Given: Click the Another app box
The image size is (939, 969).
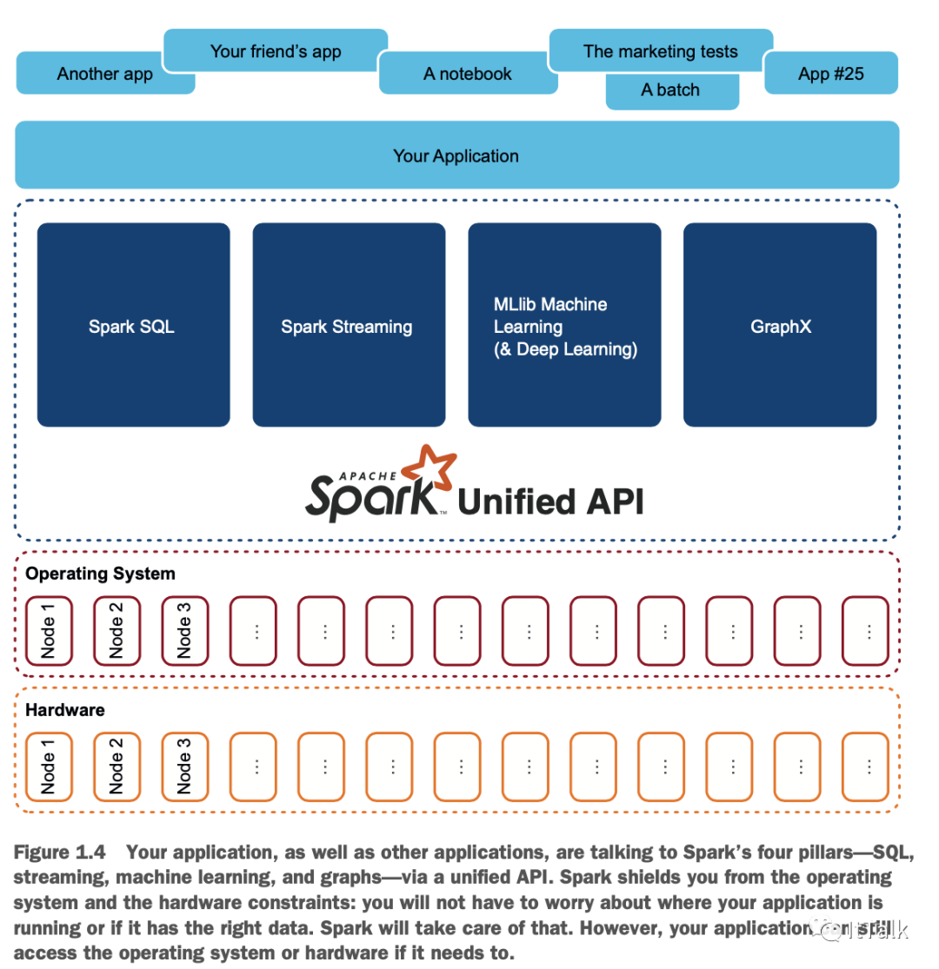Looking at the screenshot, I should (104, 74).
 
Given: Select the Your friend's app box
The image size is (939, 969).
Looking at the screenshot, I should (276, 51).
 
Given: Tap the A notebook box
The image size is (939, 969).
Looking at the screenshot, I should (468, 74).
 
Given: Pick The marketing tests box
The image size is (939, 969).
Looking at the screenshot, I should (661, 51).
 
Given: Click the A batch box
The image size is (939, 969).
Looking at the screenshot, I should (670, 90).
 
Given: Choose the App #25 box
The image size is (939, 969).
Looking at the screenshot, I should (830, 73).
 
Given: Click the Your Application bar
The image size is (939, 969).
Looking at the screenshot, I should (456, 156).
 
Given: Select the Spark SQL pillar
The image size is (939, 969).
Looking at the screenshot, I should (133, 325).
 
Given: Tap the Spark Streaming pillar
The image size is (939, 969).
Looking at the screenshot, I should (348, 325).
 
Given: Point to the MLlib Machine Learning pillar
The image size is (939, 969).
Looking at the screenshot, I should (564, 325).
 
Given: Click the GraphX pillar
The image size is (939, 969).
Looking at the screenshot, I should (780, 325).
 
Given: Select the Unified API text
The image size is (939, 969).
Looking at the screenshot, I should (550, 501).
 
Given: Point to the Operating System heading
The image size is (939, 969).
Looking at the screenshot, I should (100, 574).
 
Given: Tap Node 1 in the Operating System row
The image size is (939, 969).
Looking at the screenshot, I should (49, 630).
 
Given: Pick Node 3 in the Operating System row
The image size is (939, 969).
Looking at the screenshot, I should (184, 630).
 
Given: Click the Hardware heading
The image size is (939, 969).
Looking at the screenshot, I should (64, 710).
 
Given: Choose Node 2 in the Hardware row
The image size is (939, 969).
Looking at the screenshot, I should (117, 767).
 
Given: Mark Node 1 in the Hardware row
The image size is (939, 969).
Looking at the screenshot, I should (49, 767).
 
